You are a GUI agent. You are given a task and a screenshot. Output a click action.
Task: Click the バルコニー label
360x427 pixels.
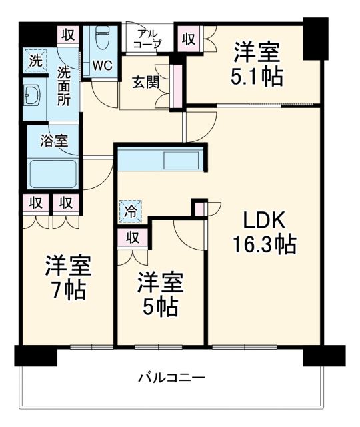(171, 378)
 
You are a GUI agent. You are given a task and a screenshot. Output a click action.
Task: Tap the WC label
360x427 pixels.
(101, 66)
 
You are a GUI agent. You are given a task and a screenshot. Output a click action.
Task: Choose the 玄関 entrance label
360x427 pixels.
(145, 83)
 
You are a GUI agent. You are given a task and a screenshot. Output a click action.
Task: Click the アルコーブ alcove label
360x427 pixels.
(149, 39)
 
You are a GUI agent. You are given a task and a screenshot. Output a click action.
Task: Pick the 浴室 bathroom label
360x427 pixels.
(53, 141)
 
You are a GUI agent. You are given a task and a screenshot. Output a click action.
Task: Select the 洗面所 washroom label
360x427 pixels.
(64, 84)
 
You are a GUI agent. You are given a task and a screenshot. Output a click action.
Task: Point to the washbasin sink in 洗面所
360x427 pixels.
(31, 97)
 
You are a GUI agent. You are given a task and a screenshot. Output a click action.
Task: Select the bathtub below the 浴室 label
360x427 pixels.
(54, 174)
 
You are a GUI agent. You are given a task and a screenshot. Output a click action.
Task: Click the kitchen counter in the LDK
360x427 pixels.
(160, 161)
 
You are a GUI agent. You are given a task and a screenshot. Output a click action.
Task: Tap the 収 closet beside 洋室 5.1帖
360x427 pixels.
(188, 37)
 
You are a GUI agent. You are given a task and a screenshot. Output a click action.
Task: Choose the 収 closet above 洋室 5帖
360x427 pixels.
(132, 238)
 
